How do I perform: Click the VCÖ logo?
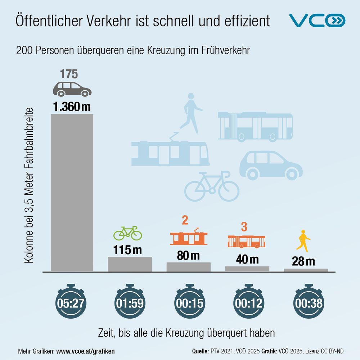point(318,21)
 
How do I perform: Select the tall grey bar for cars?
point(72,192)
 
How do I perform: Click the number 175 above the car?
point(69,74)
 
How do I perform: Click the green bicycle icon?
point(128,233)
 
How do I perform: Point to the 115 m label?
point(128,250)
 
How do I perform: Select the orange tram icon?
point(189,237)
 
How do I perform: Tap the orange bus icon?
point(246,242)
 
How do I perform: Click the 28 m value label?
point(303,261)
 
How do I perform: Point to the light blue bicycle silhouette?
point(212,186)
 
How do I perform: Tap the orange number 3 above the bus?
point(244,227)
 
